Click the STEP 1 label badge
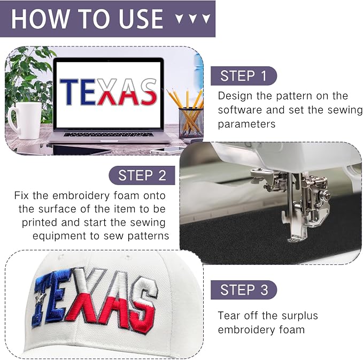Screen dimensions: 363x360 (244, 76)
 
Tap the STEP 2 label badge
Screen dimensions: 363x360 (142, 175)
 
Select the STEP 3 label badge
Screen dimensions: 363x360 (244, 290)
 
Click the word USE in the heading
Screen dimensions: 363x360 (141, 19)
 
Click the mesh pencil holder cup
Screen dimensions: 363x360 (191, 123)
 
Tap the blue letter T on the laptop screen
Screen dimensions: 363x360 (69, 91)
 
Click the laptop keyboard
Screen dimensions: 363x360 (109, 134)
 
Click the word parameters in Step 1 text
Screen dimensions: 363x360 (246, 125)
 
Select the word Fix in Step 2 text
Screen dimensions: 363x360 (21, 196)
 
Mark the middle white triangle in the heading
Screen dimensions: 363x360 (192, 19)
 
